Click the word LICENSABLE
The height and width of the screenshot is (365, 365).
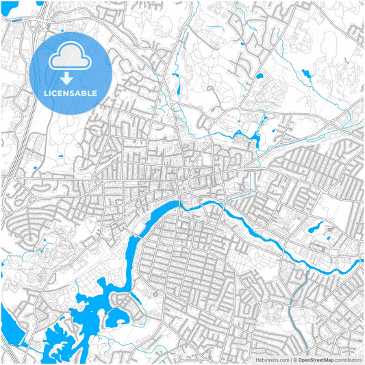pos(71,92)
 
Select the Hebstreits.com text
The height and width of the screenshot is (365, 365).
pos(272,359)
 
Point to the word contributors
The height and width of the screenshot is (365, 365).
pos(348,359)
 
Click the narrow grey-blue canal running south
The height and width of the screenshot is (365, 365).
pos(293,301)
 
